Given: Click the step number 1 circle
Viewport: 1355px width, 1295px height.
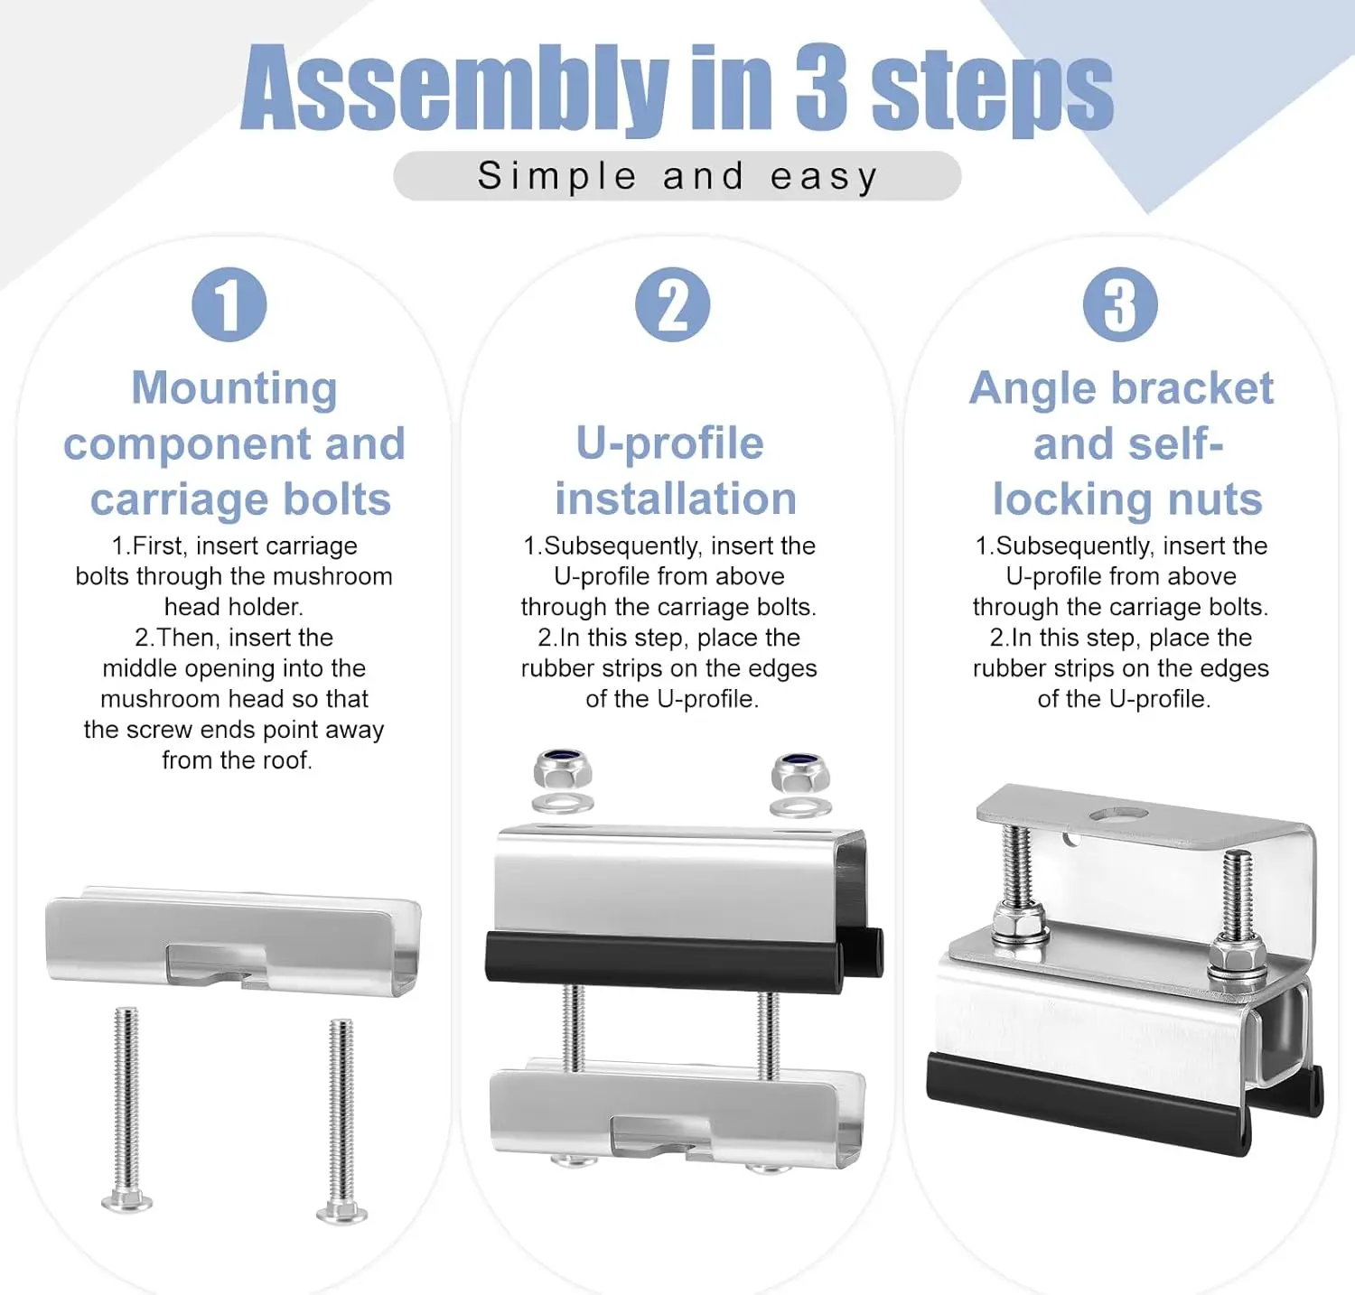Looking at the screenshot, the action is (x=229, y=304).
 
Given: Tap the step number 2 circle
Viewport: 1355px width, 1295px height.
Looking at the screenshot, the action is (x=673, y=304).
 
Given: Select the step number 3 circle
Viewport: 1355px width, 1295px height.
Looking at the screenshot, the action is (x=1120, y=304).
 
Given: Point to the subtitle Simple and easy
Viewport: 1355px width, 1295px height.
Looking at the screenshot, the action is (x=677, y=176).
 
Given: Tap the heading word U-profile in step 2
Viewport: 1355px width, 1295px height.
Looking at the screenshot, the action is (x=670, y=444).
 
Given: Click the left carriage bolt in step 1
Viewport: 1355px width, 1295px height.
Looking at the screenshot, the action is (x=126, y=1109).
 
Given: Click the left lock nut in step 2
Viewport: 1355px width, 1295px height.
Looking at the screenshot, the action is (x=563, y=770).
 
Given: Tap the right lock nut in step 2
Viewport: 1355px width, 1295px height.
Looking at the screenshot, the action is (x=800, y=773).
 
